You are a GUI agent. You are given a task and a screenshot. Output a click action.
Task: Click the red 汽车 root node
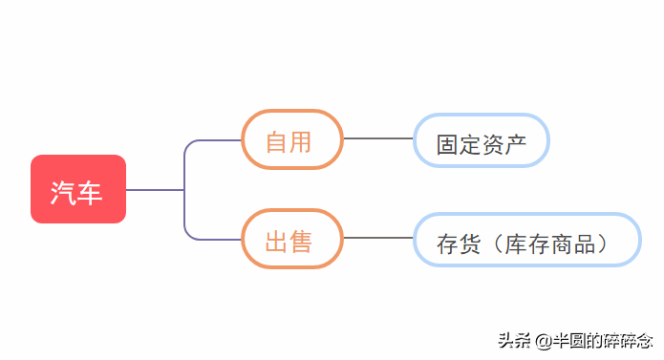(78, 189)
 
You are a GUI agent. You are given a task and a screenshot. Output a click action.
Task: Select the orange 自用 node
(291, 139)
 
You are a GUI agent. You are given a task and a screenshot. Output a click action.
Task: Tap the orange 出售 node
(291, 239)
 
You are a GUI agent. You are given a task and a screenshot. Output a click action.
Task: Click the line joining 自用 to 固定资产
(377, 138)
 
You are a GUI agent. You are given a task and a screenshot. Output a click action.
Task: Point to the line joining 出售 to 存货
(377, 238)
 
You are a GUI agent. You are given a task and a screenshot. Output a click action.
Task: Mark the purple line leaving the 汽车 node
(153, 190)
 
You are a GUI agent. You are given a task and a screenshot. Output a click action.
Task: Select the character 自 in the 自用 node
(276, 142)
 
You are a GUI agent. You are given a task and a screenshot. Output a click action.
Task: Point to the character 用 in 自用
(301, 142)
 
